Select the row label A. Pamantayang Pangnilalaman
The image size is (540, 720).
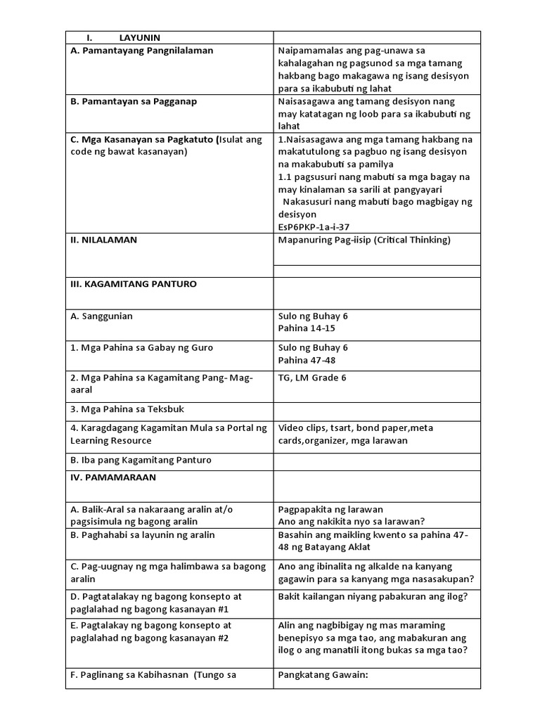click(x=141, y=51)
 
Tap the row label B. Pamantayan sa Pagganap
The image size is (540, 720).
click(x=134, y=101)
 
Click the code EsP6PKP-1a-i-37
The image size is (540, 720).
click(x=314, y=227)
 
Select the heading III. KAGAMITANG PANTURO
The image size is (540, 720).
click(x=134, y=284)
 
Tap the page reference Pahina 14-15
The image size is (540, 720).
click(x=307, y=328)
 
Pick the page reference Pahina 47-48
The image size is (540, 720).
click(x=307, y=360)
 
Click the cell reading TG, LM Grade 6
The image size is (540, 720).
click(x=312, y=378)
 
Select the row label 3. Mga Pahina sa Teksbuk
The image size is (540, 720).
click(x=127, y=409)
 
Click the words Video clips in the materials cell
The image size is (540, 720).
click(x=300, y=427)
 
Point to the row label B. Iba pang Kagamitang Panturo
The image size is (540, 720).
click(x=141, y=460)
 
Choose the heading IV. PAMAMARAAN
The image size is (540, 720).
click(x=113, y=477)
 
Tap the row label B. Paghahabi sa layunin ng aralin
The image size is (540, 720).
click(x=143, y=535)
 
